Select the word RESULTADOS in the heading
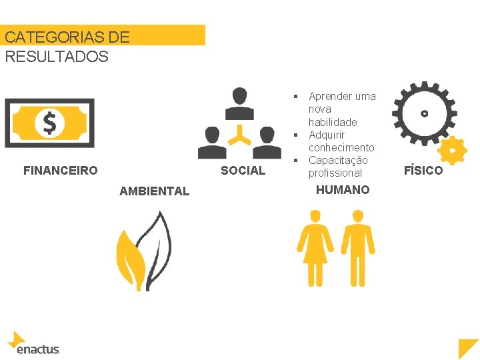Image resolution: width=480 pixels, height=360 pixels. (56, 57)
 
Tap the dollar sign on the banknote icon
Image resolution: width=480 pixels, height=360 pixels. (49, 123)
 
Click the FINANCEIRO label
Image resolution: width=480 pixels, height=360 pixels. (60, 171)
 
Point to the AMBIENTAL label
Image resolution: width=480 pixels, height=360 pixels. (154, 191)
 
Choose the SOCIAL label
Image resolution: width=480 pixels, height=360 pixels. (243, 171)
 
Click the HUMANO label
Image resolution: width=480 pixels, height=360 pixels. (342, 190)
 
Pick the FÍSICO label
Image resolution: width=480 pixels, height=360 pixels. (423, 171)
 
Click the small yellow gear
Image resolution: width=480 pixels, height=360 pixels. (453, 151)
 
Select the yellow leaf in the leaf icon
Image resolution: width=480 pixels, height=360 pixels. (131, 257)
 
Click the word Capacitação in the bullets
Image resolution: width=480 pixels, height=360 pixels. (338, 160)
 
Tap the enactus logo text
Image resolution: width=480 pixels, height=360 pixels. (38, 349)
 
